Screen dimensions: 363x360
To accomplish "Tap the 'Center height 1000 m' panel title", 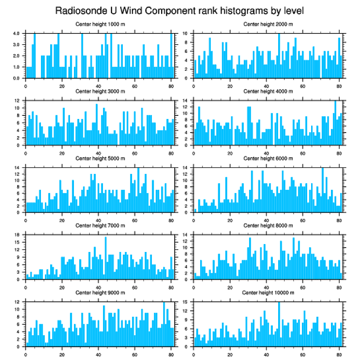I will pos(100,24).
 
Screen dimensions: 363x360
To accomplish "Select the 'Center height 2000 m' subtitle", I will pos(268,24).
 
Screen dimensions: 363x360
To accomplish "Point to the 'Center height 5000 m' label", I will pos(100,158).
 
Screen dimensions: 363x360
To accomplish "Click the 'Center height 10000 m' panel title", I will pos(268,293).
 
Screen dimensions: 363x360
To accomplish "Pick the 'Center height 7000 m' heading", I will pos(100,225).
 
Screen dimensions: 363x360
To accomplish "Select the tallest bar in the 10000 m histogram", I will pos(279,324).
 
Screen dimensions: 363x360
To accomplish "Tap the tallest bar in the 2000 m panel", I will pos(279,56).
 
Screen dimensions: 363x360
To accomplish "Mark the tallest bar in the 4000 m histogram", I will pos(335,122).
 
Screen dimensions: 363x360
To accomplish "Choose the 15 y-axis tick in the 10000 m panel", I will pos(186,302).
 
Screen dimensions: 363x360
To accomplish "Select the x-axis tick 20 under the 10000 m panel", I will pos(230,351).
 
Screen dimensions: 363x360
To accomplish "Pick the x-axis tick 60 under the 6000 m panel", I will pos(302,217).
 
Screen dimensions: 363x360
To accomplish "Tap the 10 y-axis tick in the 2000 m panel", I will pos(186,33).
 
